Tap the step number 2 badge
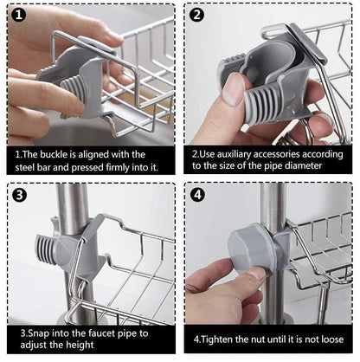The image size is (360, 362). [x=197, y=16]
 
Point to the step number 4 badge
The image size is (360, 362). [x=197, y=194]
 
